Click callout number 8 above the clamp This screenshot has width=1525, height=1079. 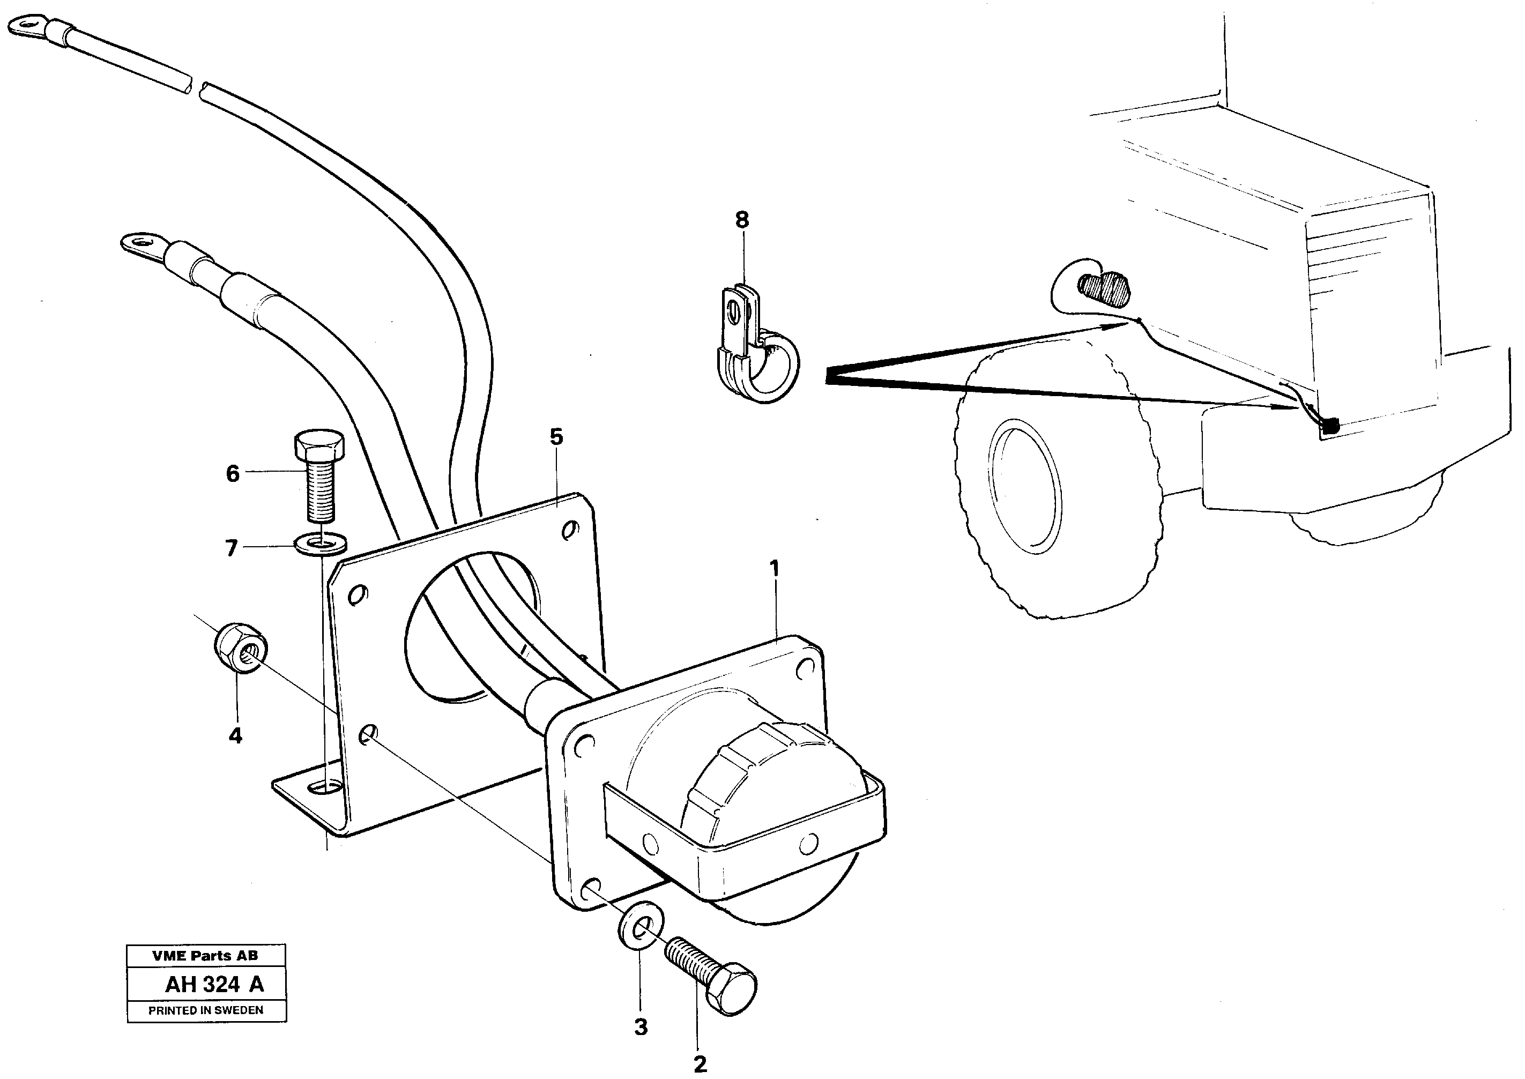(741, 219)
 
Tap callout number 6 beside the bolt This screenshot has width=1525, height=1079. (233, 474)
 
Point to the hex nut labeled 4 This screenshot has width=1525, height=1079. (241, 649)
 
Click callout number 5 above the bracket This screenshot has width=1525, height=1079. (556, 437)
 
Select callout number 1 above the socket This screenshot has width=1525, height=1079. (773, 569)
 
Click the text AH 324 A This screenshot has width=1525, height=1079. (214, 984)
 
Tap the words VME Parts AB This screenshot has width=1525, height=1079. (205, 955)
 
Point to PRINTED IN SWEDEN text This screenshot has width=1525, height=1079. (206, 1010)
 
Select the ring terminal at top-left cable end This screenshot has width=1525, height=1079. (23, 28)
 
